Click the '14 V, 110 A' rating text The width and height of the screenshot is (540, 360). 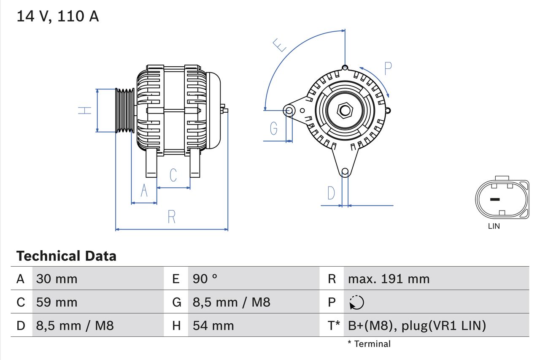(57, 16)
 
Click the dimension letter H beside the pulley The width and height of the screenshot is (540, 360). (85, 111)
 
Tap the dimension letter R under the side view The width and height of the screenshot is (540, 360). (171, 217)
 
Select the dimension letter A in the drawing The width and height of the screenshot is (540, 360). (144, 191)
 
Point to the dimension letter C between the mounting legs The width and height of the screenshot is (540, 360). (173, 175)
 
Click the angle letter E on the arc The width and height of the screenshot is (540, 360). (280, 45)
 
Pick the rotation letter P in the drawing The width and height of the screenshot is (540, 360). (388, 68)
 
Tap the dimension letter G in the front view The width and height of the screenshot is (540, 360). (274, 128)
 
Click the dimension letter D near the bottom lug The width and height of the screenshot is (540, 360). (331, 193)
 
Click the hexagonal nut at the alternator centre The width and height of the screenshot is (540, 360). (345, 111)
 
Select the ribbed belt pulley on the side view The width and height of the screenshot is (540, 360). (125, 111)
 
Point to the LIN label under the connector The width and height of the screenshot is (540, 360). (494, 226)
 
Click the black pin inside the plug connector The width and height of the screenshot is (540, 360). (494, 199)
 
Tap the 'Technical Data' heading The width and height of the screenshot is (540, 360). (66, 256)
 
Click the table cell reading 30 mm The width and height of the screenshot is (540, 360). (57, 279)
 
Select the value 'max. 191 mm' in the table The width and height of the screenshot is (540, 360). (389, 279)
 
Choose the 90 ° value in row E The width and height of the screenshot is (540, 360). (205, 279)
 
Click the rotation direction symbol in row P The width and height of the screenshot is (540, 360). (357, 302)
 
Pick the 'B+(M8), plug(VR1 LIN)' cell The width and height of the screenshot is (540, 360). (417, 325)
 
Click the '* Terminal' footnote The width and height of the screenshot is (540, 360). (369, 344)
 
